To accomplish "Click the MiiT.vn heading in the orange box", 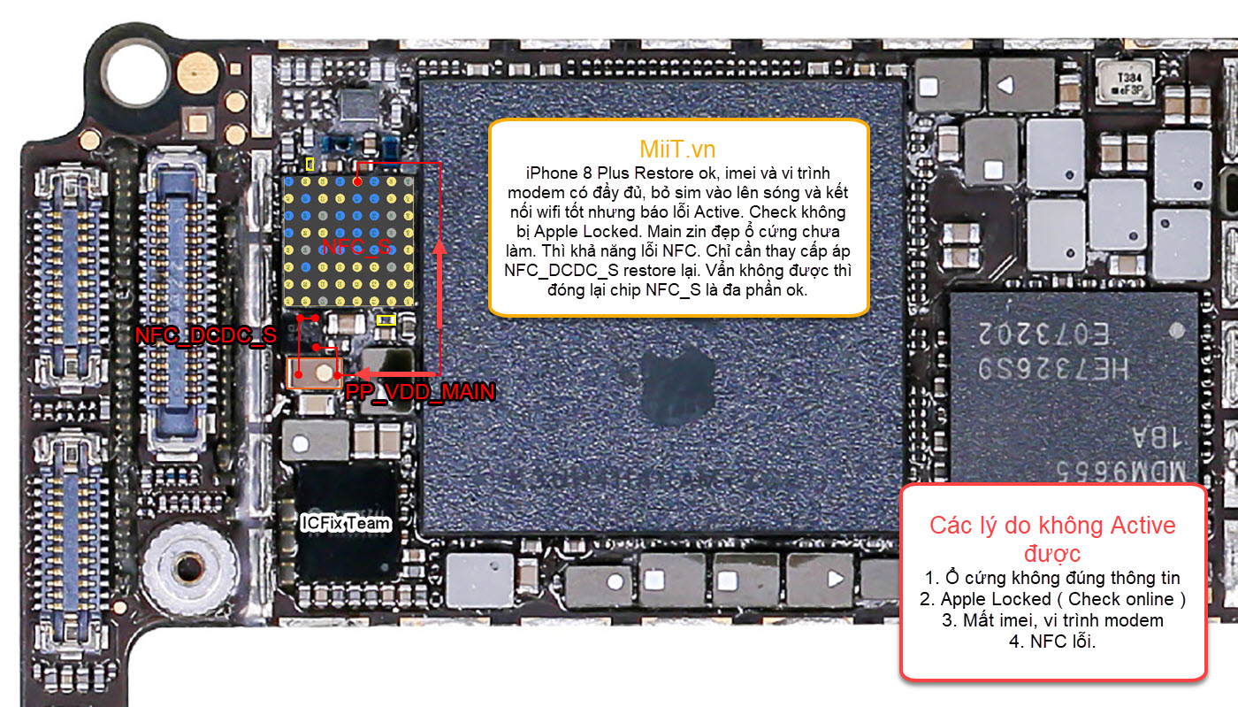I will [x=677, y=148].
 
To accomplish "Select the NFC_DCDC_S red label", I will [x=205, y=335].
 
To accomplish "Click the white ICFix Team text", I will [x=345, y=523].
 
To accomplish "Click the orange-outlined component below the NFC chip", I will [x=316, y=373].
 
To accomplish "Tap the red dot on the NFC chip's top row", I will [x=357, y=181].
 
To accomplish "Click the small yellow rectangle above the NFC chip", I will [x=309, y=164].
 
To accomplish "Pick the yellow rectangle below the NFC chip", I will [x=386, y=320].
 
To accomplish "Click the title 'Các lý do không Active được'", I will [x=1052, y=539].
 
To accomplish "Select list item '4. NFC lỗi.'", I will [x=1052, y=642].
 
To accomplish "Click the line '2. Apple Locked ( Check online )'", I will [x=1052, y=599].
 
